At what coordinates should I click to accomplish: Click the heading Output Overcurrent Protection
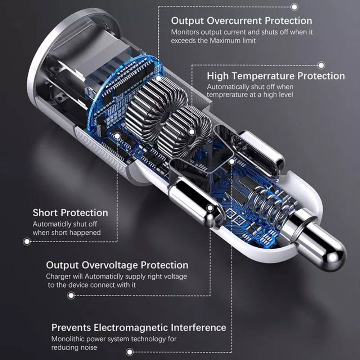pyautogui.click(x=242, y=21)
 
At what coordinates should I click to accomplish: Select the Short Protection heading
pyautogui.click(x=70, y=213)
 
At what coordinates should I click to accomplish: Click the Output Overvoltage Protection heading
pyautogui.click(x=117, y=265)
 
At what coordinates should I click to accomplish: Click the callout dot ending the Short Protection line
pyautogui.click(x=27, y=242)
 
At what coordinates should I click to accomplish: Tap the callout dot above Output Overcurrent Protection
pyautogui.click(x=294, y=7)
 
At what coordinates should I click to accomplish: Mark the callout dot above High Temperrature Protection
pyautogui.click(x=321, y=66)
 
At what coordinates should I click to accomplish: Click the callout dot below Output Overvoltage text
pyautogui.click(x=71, y=296)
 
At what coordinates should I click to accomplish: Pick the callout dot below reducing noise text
pyautogui.click(x=130, y=352)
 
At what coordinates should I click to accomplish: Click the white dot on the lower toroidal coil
pyautogui.click(x=192, y=132)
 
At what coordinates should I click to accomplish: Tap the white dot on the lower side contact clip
pyautogui.click(x=210, y=208)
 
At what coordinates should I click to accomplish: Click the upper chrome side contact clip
pyautogui.click(x=257, y=154)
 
